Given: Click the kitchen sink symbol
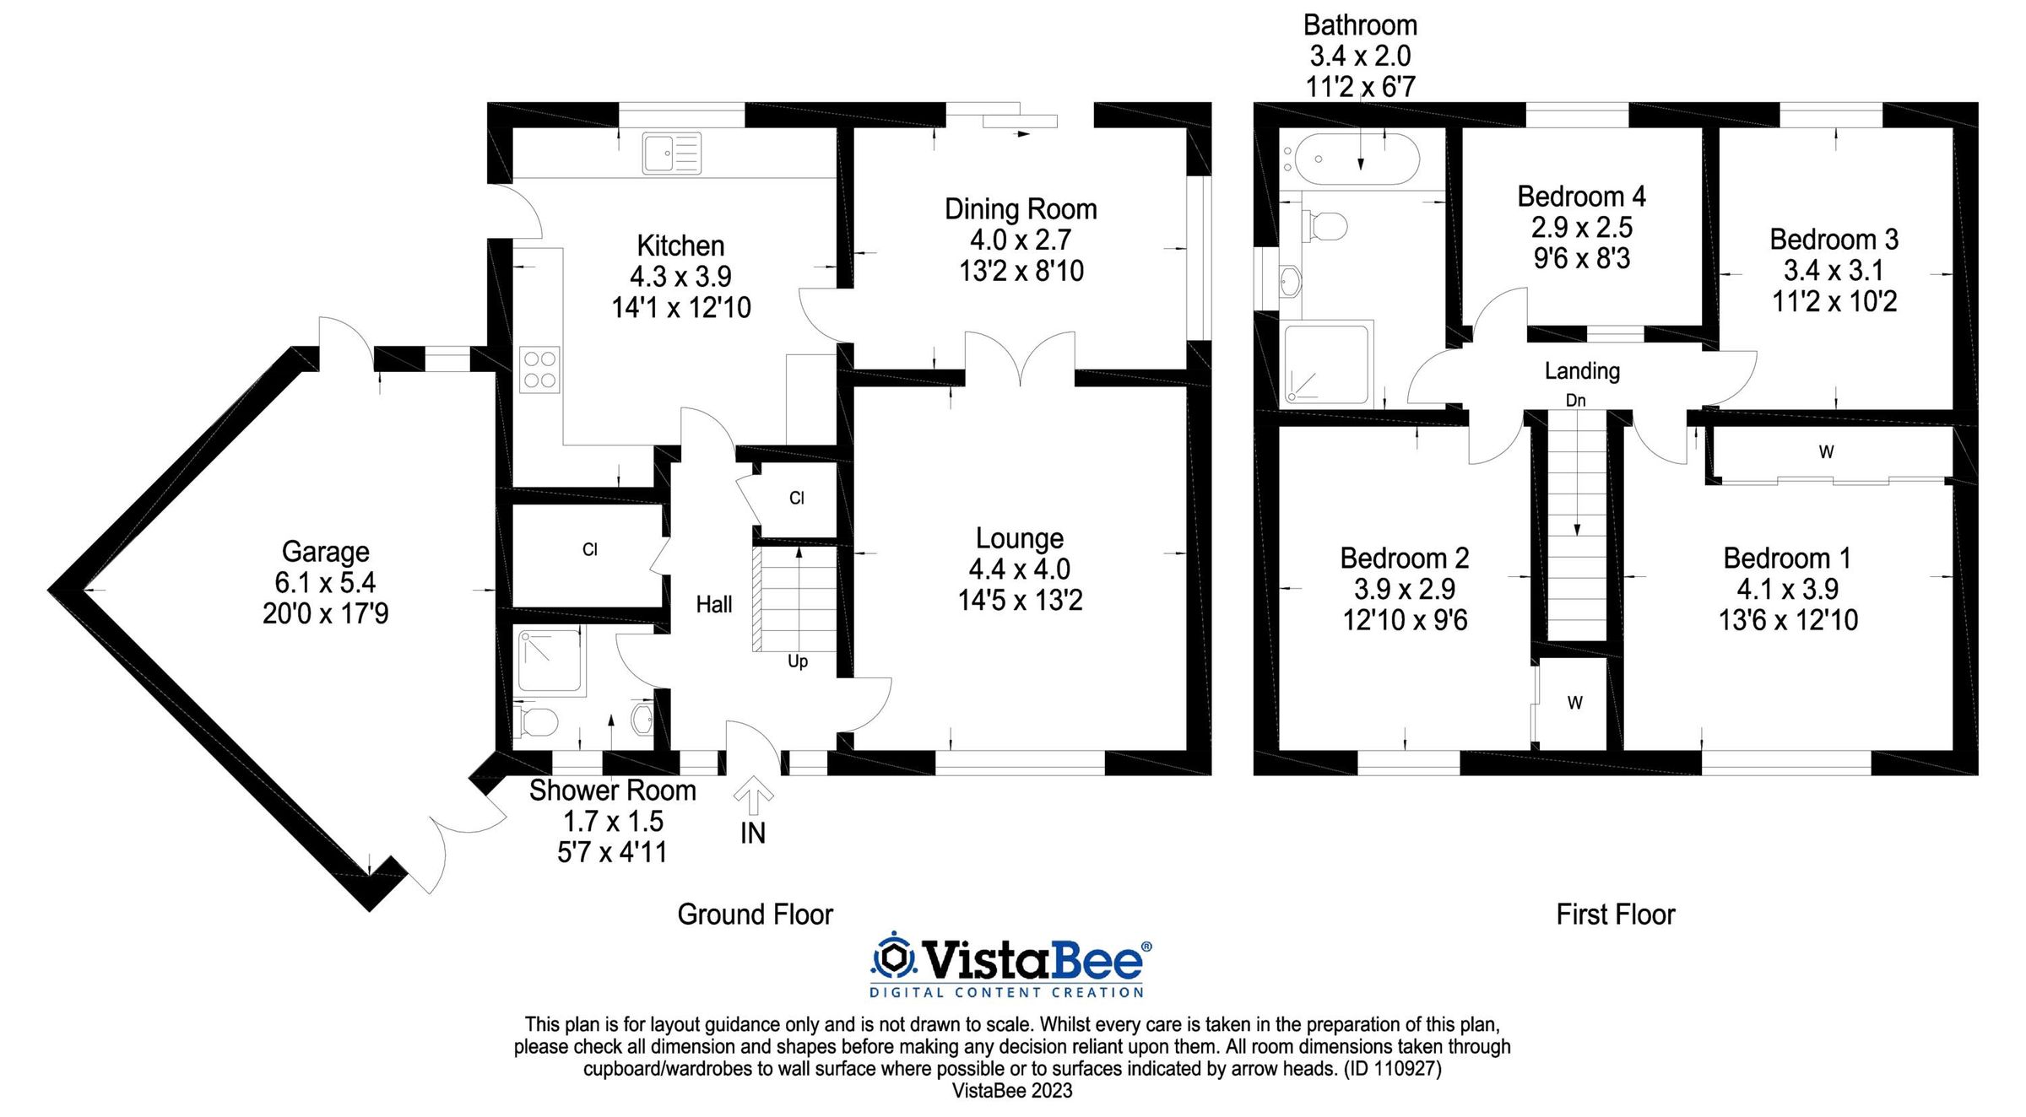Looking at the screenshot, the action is pos(671,154).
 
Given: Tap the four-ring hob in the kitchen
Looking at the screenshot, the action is pos(539,370).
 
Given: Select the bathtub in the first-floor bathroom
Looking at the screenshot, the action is pos(1357,159).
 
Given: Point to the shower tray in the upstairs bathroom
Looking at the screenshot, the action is pos(1325,364).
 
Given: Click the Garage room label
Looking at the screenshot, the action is pos(325,552).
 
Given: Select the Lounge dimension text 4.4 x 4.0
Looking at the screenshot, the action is pos(1020,569).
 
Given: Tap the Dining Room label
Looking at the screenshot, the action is pos(1021,209).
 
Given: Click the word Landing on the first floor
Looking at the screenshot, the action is pos(1582,371).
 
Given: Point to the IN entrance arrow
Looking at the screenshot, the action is pos(753,796).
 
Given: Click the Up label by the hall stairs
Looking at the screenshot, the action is pos(798,661).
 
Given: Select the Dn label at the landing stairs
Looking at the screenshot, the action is pos(1575,401).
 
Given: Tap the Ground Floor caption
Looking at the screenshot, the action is pos(755,915).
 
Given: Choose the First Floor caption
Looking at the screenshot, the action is pos(1615,915).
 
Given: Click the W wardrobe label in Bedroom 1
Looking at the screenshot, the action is pos(1826,452).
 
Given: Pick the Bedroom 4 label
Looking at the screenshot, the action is pos(1581,197).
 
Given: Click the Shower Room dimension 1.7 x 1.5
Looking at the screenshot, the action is pos(613,821).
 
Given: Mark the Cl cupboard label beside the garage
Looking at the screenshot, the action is pos(590,550).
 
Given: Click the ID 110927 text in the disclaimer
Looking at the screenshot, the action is pos(1393,1069).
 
